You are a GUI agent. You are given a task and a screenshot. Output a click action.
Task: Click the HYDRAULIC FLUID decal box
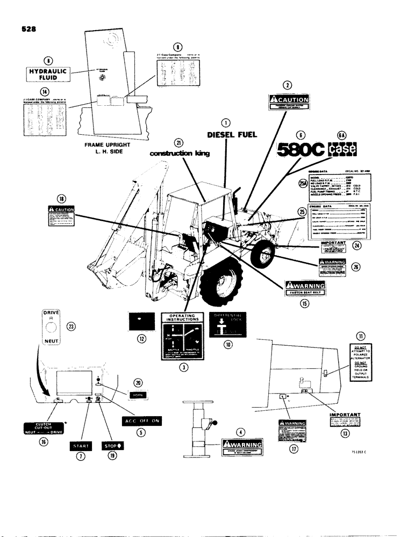click(x=48, y=74)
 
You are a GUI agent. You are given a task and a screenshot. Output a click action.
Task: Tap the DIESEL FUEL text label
click(x=226, y=135)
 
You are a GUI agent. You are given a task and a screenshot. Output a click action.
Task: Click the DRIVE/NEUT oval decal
click(x=50, y=327)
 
